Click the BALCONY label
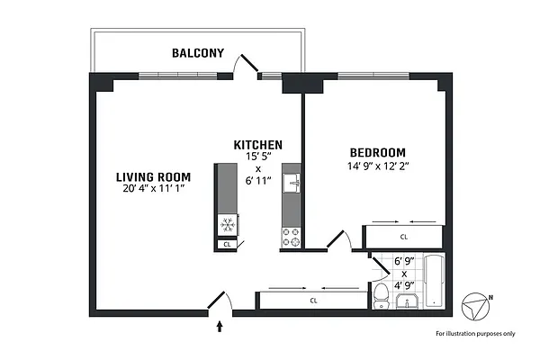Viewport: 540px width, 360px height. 198,53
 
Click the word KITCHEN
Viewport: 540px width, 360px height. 258,145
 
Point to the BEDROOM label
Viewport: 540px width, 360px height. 376,152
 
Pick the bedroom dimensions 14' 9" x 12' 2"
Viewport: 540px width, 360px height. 376,166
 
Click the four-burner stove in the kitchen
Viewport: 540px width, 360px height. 292,237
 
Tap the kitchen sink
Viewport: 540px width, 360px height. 292,184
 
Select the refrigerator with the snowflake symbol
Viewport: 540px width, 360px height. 227,225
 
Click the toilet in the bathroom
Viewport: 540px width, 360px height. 381,293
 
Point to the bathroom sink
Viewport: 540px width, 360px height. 409,299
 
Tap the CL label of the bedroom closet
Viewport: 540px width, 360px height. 404,237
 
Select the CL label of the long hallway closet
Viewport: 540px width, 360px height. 313,301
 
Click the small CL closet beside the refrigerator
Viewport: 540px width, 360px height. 227,244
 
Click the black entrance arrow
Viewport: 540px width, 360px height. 220,328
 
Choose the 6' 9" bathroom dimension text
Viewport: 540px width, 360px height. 404,262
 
